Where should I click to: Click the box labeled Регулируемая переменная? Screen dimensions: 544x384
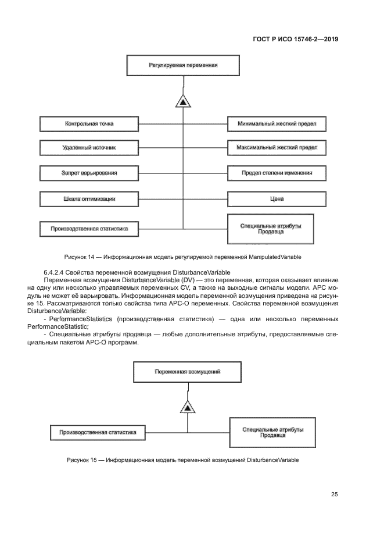click(184, 65)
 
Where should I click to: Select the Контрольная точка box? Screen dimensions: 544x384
click(89, 124)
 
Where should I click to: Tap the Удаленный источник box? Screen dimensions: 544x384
click(89, 148)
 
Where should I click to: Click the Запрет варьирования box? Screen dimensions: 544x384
click(89, 173)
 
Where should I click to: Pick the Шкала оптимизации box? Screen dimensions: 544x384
click(89, 199)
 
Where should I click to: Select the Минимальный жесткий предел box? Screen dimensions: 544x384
click(277, 124)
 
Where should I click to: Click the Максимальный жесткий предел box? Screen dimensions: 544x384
click(277, 148)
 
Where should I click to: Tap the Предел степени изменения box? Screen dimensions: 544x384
click(277, 173)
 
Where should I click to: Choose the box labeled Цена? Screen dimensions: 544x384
click(277, 199)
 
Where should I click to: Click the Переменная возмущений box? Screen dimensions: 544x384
click(188, 371)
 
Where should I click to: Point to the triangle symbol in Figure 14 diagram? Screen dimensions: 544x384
click(183, 102)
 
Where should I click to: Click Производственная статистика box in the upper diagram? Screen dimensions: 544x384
click(89, 229)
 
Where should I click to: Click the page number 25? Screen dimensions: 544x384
click(334, 495)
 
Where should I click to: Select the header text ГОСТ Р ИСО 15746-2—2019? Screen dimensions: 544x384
click(295, 40)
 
